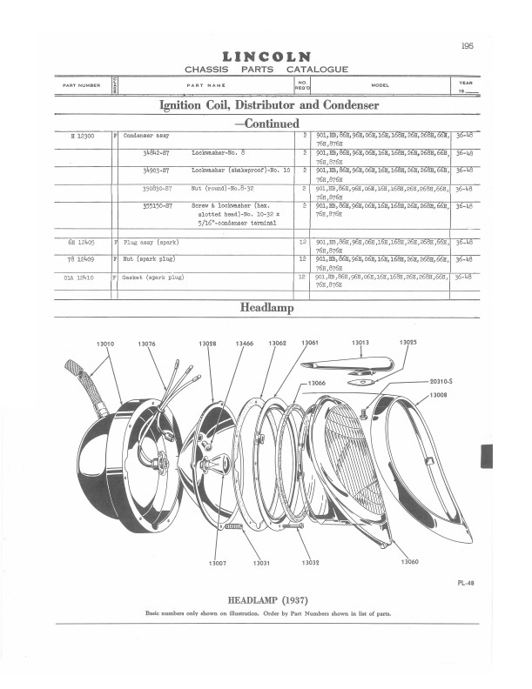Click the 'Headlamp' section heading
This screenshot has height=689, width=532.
(266, 308)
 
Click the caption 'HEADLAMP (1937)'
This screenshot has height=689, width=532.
(267, 600)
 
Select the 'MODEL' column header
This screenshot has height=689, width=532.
(380, 85)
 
